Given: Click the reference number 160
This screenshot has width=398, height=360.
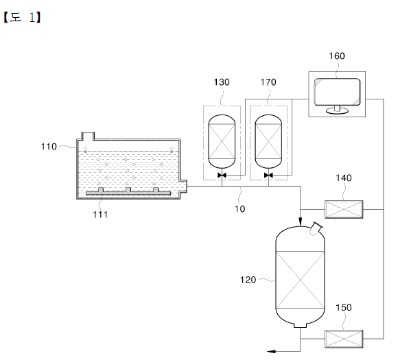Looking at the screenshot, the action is [x=337, y=56].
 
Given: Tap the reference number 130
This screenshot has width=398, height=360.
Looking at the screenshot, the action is [x=222, y=82].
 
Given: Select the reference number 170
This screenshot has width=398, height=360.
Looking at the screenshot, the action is [x=268, y=82].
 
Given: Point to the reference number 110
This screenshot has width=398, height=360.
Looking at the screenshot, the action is [x=49, y=147].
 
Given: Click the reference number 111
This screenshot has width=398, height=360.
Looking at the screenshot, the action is [x=100, y=215].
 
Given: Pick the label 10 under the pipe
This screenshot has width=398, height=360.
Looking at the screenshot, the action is [x=239, y=208].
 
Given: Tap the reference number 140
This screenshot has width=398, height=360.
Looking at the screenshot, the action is [x=344, y=178].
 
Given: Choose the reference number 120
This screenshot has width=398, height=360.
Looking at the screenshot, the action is [x=248, y=280].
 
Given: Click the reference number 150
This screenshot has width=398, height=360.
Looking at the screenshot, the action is [x=344, y=307].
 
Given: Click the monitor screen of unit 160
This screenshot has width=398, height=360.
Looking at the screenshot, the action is [x=337, y=92].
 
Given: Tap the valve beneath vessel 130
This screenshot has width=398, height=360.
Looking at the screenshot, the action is [x=222, y=175].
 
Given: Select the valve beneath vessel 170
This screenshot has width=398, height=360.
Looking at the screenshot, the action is [x=268, y=175].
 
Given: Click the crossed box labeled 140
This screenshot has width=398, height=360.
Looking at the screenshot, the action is [x=344, y=209].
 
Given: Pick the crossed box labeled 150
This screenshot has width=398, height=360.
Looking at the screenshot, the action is [x=344, y=339].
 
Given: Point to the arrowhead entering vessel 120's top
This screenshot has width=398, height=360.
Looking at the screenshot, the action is [x=301, y=222].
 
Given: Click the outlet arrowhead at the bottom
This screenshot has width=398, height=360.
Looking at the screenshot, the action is [x=271, y=351].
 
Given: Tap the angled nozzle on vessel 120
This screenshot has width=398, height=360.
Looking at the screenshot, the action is [x=316, y=228].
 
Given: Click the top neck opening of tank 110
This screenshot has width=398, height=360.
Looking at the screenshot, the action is [x=88, y=136].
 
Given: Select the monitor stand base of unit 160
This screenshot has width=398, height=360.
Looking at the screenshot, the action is [x=337, y=110].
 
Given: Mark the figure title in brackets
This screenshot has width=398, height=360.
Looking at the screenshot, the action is [x=22, y=18].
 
